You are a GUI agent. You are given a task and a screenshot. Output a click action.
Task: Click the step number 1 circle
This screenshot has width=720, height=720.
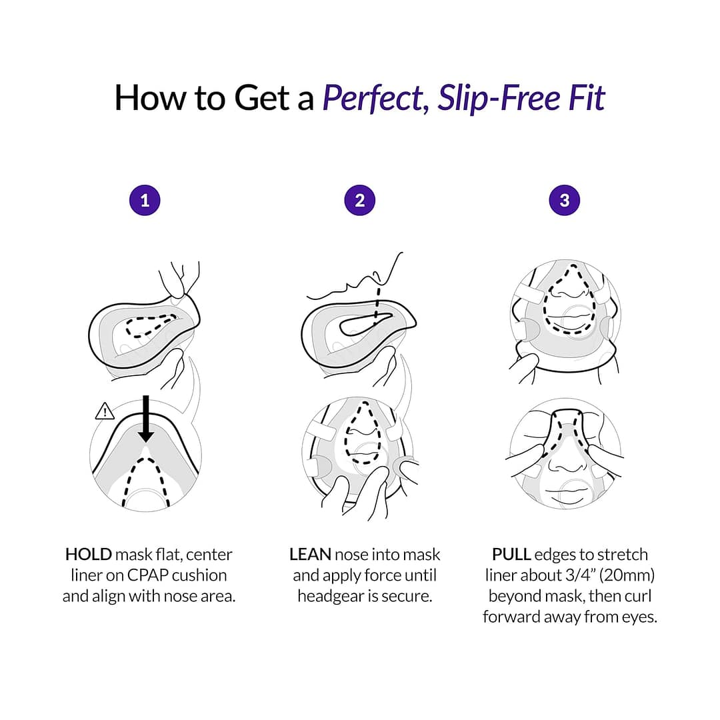(x=145, y=200)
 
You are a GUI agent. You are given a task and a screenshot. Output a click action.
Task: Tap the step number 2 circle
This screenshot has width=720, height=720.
(x=360, y=200)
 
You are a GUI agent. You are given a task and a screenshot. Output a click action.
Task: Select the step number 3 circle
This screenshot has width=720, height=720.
(x=565, y=200)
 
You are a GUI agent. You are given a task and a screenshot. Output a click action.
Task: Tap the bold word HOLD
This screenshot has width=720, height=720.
(x=88, y=555)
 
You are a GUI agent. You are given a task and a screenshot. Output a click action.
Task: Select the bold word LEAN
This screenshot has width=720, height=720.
(x=310, y=555)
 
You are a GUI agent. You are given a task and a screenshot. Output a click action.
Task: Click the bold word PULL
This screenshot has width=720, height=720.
(x=511, y=555)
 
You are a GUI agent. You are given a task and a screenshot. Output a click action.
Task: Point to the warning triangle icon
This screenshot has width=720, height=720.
(x=105, y=412)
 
